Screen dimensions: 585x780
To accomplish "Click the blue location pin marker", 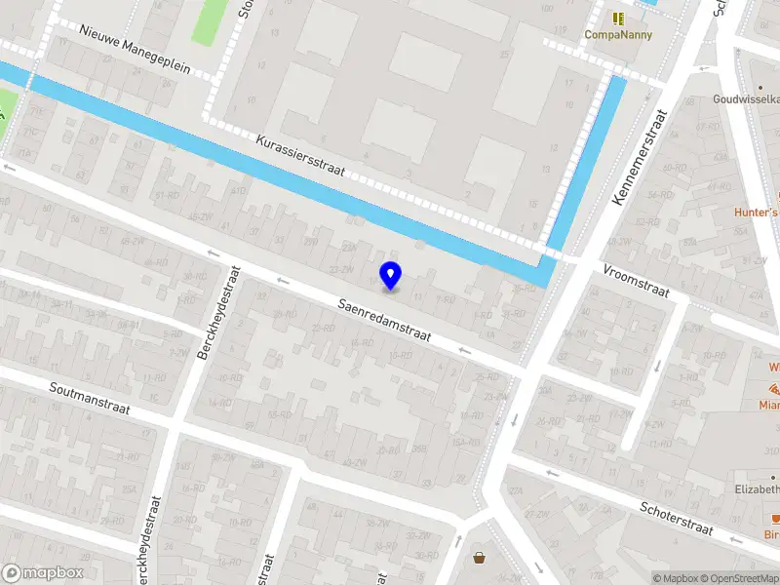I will [x=390, y=276].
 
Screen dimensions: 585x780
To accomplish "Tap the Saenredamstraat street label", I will [x=384, y=319].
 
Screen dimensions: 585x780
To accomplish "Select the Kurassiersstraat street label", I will [x=301, y=156].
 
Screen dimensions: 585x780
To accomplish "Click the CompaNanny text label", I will [x=617, y=35].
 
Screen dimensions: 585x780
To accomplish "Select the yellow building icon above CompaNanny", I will [x=617, y=18].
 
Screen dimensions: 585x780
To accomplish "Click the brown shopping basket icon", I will [x=479, y=558].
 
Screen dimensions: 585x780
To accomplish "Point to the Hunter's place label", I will [x=758, y=212].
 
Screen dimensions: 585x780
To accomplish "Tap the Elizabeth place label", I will [x=758, y=488].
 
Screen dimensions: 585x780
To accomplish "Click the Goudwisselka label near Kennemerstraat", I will [x=746, y=98].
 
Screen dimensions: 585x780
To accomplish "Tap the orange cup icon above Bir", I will [x=776, y=519].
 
